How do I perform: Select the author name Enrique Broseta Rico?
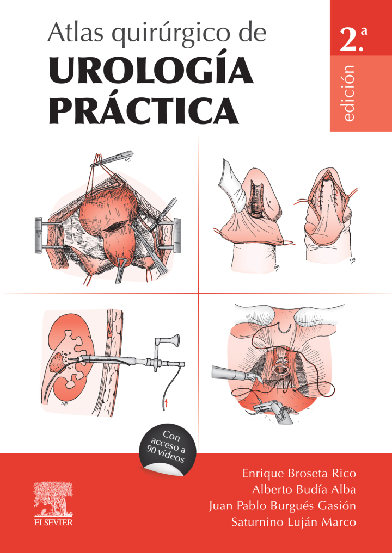pyautogui.click(x=299, y=473)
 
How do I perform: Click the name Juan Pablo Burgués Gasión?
pyautogui.click(x=283, y=506)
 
